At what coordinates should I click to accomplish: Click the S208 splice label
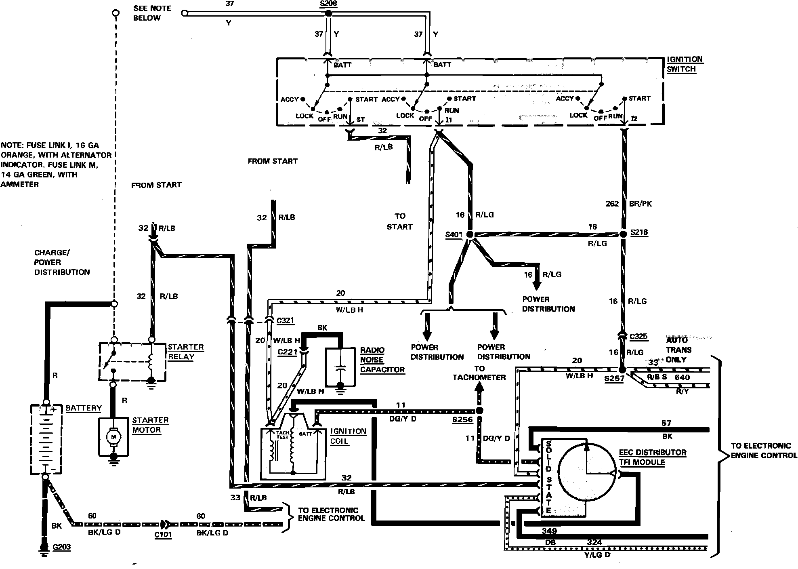[x=328, y=4]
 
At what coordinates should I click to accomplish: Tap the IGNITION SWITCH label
[x=685, y=64]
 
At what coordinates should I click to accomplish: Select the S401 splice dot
[x=469, y=234]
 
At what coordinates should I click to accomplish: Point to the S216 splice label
[x=639, y=232]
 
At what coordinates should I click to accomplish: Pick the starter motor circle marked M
[x=113, y=436]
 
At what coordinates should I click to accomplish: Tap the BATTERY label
[x=84, y=408]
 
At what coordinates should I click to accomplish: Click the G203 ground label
[x=61, y=547]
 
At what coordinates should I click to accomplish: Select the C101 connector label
[x=163, y=535]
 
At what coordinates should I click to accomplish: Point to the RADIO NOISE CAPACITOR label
[x=382, y=360]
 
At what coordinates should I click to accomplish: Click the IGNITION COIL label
[x=348, y=436]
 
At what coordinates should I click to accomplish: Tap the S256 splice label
[x=462, y=419]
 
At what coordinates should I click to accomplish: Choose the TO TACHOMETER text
[x=479, y=373]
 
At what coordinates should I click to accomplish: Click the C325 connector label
[x=638, y=336]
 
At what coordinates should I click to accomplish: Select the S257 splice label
[x=614, y=379]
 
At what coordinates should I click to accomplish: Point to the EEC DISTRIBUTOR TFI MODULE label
[x=652, y=457]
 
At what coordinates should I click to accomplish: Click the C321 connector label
[x=285, y=320]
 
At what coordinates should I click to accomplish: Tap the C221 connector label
[x=287, y=352]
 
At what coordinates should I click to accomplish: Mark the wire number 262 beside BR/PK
[x=612, y=204]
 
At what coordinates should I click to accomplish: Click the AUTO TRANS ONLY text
[x=679, y=350]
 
